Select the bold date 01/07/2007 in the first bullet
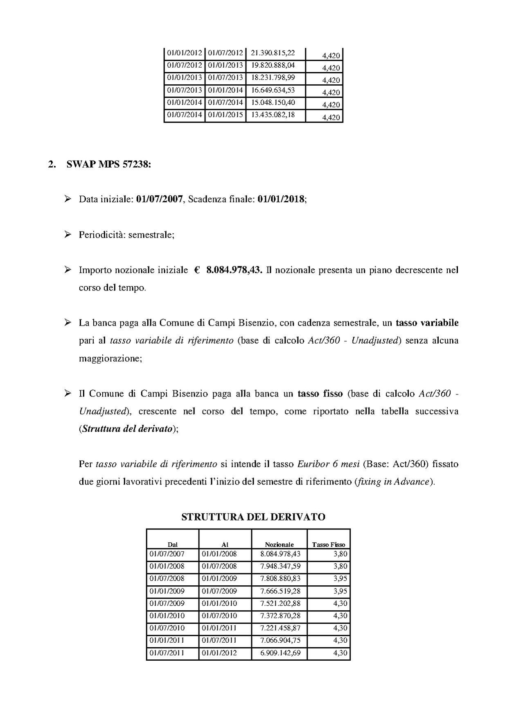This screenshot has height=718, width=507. click(159, 199)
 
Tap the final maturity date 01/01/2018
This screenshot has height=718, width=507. click(281, 199)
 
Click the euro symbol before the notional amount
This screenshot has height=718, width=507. click(197, 270)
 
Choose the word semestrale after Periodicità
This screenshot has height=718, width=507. click(151, 235)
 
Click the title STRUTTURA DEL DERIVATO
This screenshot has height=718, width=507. click(253, 517)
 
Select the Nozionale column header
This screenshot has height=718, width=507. click(279, 544)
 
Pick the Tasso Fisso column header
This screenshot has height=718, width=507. click(329, 544)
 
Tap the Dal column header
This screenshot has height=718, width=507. click(173, 544)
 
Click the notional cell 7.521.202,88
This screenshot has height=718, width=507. click(280, 603)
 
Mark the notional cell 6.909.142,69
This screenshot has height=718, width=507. click(280, 653)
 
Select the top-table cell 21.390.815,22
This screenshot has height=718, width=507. click(273, 53)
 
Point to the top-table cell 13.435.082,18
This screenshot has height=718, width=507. click(273, 115)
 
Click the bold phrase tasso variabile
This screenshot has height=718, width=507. click(427, 323)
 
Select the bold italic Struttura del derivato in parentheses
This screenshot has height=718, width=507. click(126, 429)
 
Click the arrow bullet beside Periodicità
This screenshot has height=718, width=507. click(68, 235)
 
